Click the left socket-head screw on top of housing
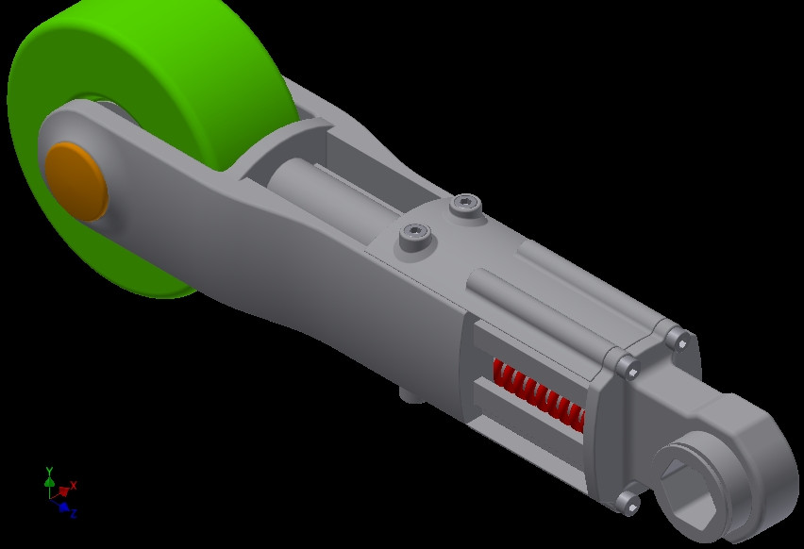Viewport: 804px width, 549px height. pyautogui.click(x=414, y=234)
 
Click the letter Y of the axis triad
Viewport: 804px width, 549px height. pyautogui.click(x=49, y=470)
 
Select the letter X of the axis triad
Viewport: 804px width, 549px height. pyautogui.click(x=74, y=485)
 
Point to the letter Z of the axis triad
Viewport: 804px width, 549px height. pyautogui.click(x=73, y=514)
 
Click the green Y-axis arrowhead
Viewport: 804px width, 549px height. pyautogui.click(x=49, y=481)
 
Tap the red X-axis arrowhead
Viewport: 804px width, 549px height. pyautogui.click(x=64, y=491)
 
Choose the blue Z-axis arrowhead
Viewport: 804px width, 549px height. pyautogui.click(x=63, y=507)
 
